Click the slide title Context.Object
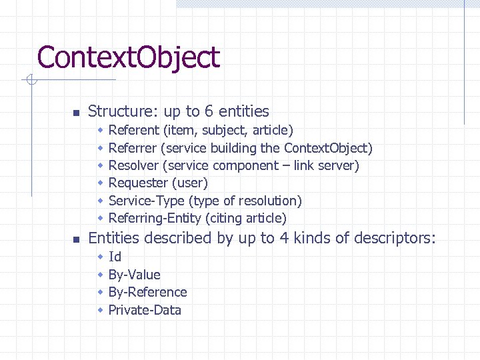click(x=128, y=58)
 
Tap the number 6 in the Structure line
click(x=209, y=111)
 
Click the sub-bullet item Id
click(x=115, y=257)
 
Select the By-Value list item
click(x=134, y=275)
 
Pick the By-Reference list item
click(x=147, y=292)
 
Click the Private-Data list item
click(x=145, y=310)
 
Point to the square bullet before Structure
click(x=76, y=112)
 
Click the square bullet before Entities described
click(x=76, y=239)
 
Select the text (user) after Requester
click(x=190, y=183)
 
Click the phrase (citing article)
click(x=246, y=218)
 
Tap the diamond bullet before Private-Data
click(x=100, y=310)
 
